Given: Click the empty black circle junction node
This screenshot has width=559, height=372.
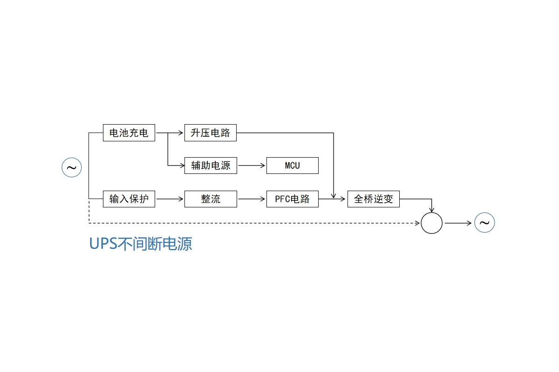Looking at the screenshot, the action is pos(431,213).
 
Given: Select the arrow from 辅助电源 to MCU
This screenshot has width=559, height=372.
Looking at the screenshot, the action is pos(251,166).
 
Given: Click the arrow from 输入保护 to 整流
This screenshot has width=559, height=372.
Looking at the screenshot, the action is pos(170,199).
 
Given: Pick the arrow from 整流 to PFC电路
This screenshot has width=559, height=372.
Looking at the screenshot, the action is pos(251,199).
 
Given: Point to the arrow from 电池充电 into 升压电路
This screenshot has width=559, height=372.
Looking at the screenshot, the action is pos(170,133).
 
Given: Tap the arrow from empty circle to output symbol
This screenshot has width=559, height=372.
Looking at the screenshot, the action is pos(458,223).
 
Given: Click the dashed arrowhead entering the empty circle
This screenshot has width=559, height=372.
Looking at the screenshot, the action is pos(417,223).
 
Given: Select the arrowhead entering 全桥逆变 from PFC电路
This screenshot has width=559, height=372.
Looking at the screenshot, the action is pos(343,199).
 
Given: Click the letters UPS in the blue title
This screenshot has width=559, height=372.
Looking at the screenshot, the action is pos(103,244).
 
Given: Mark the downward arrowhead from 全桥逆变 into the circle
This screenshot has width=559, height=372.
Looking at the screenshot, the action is pos(431,209).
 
